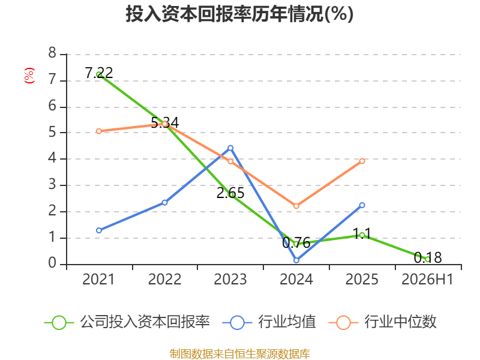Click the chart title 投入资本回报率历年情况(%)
tap(239, 14)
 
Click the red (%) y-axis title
tap(29, 76)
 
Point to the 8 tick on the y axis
tap(52, 53)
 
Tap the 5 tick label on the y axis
tap(52, 132)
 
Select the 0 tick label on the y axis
tap(52, 263)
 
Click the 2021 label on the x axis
tap(98, 279)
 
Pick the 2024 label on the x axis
tap(296, 279)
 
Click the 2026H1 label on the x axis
tap(427, 279)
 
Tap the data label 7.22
tap(99, 73)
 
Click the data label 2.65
tap(230, 193)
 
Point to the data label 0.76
tap(296, 243)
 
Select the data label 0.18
tap(428, 257)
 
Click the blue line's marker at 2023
tap(230, 148)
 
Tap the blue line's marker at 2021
tap(98, 230)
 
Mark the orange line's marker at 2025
tap(362, 161)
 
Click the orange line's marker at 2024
tap(296, 206)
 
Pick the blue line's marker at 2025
tap(362, 205)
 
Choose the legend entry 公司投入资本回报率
tap(127, 322)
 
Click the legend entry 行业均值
tap(269, 322)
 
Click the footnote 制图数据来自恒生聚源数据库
tap(239, 353)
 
